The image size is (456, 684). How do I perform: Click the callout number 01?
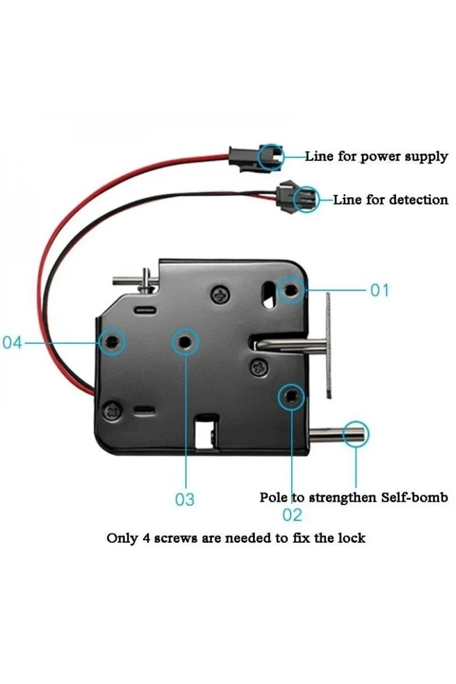[x=380, y=290]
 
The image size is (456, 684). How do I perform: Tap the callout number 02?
[x=292, y=515]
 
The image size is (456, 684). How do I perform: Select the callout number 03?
[x=185, y=499]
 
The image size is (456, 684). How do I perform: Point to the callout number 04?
[x=12, y=342]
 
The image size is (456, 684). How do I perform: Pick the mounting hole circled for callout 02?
[x=291, y=397]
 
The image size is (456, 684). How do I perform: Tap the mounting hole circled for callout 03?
[x=185, y=342]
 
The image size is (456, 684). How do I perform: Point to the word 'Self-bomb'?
[x=414, y=497]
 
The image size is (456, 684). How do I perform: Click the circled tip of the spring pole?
[x=356, y=434]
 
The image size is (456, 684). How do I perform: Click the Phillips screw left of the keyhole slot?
[x=221, y=295]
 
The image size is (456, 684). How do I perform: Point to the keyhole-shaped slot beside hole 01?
[x=269, y=295]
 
